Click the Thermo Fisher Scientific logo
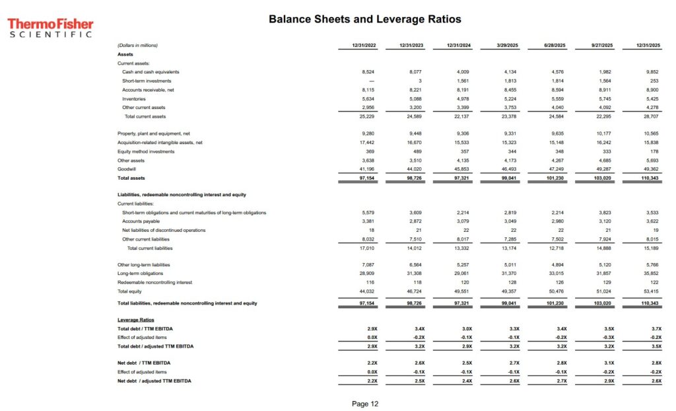pos(50,28)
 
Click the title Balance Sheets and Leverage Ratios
pos(364,19)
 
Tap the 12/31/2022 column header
pos(364,46)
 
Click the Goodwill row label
pos(127,169)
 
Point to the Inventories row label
pos(134,98)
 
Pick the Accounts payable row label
pos(141,221)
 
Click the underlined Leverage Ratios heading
pos(135,320)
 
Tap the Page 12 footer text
pos(365,403)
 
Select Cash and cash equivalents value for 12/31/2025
pos(652,71)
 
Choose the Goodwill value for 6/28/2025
pos(556,169)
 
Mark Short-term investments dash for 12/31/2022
pos(372,81)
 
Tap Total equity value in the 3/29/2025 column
pos(507,291)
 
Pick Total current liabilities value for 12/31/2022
pos(364,248)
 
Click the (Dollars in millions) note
pos(137,46)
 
